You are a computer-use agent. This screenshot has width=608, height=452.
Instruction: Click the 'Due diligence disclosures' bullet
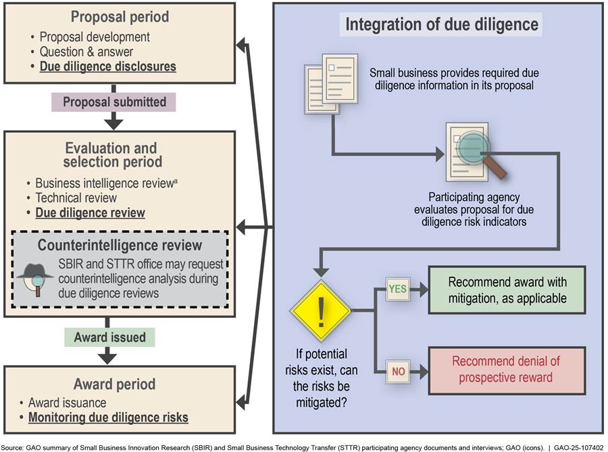(108, 67)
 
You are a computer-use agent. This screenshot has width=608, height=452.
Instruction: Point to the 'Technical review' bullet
(76, 198)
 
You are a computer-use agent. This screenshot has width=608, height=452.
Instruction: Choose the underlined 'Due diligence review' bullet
(91, 213)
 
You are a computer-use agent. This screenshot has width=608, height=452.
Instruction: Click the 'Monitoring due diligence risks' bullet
(108, 418)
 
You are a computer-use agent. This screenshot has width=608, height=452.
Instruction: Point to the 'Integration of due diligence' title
(442, 26)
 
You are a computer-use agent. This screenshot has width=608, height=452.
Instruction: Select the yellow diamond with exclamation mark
(320, 311)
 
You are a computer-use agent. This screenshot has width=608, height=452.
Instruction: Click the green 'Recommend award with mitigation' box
(507, 290)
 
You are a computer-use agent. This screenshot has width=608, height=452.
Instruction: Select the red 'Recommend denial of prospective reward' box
(507, 370)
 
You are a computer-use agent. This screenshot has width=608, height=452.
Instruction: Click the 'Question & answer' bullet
(86, 52)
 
